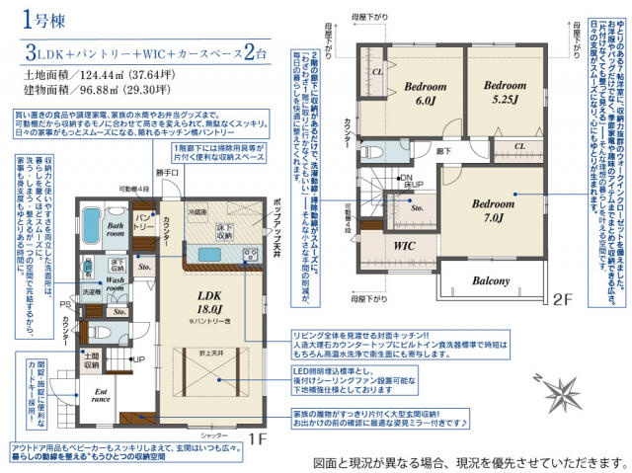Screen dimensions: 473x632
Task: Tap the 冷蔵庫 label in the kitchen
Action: click(x=198, y=211)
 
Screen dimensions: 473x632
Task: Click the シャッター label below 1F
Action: click(x=213, y=435)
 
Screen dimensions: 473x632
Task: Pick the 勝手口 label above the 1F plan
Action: click(x=142, y=174)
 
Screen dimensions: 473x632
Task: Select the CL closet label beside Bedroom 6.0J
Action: click(x=377, y=72)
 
